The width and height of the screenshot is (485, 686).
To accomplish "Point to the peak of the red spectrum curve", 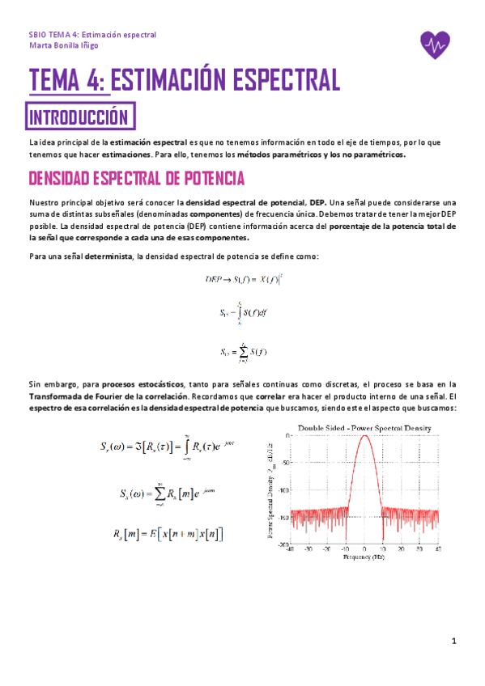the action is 365,437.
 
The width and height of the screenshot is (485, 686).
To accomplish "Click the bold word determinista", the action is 108,256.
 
